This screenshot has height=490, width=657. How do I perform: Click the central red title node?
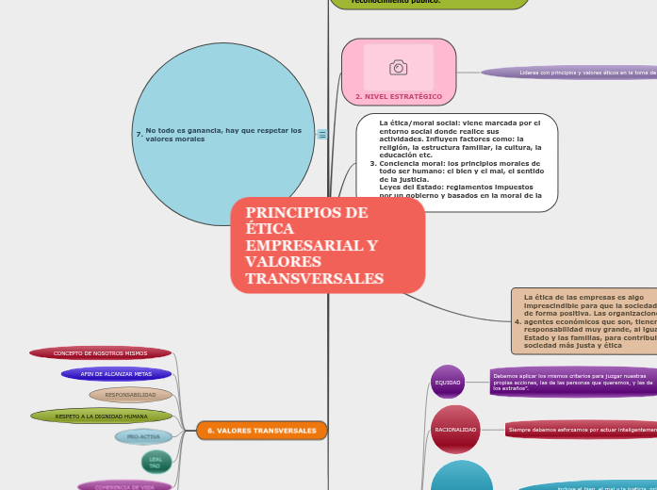pos(327,245)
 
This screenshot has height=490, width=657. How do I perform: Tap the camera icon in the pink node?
pos(398,68)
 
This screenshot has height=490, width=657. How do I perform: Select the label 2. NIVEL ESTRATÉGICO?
pos(398,97)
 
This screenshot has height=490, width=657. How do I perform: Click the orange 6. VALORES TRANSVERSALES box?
pos(262,431)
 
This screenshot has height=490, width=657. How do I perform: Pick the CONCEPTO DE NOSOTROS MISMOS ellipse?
pos(101,353)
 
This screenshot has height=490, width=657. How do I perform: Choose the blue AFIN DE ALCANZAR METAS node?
pos(117,374)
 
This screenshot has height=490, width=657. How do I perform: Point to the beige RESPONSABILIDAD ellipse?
pos(131,395)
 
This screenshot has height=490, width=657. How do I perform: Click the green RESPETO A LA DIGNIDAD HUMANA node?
pos(102,416)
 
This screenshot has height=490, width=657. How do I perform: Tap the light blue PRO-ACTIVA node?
pos(144,437)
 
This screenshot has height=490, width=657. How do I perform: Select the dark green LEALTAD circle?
pos(156,462)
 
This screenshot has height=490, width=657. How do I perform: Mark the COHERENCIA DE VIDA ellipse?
pos(125,486)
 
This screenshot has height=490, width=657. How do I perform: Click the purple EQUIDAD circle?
pos(448,383)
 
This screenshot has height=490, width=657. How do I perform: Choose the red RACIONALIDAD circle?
pos(455,430)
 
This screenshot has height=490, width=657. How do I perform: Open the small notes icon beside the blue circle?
pos(322,135)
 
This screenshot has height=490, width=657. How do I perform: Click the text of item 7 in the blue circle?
pos(223,135)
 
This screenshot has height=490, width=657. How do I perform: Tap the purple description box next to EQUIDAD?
pos(573,382)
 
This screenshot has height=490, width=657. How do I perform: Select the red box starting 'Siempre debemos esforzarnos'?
pos(581,430)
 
